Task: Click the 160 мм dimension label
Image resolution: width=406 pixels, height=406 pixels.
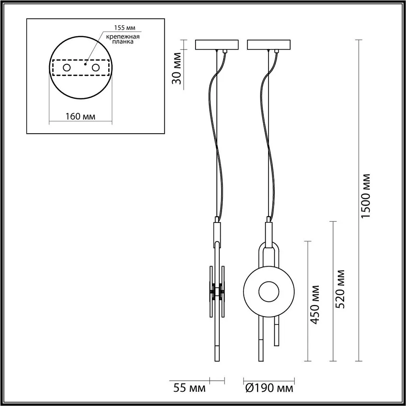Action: pos(80,116)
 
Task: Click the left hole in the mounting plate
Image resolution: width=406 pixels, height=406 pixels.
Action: pos(67,67)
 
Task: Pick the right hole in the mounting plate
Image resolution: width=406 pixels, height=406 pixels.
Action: pos(96,67)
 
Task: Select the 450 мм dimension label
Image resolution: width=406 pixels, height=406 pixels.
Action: pos(315,304)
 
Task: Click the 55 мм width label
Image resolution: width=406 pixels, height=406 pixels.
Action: pos(190,388)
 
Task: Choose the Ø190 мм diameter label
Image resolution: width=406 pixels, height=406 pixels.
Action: pos(270,388)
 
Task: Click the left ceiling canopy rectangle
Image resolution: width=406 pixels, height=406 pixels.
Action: pos(217,44)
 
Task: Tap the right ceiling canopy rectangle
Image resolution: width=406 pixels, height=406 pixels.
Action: pos(269,44)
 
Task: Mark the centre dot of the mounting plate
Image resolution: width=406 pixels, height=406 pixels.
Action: pos(85,63)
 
